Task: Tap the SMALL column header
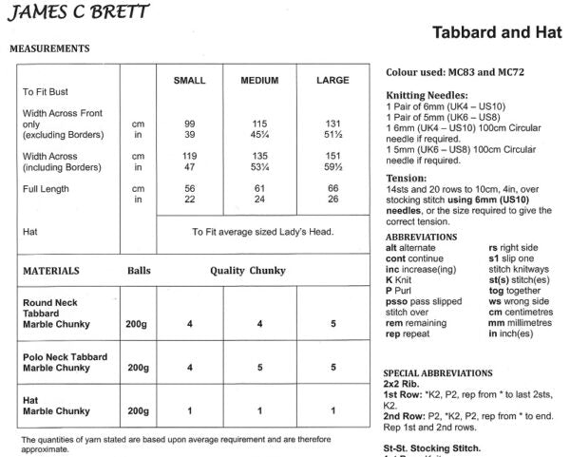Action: pyautogui.click(x=189, y=81)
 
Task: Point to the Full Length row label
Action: pyautogui.click(x=44, y=188)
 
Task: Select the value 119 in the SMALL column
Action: pyautogui.click(x=189, y=156)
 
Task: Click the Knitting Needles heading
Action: pyautogui.click(x=427, y=96)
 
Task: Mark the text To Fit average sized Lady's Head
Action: pyautogui.click(x=268, y=230)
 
